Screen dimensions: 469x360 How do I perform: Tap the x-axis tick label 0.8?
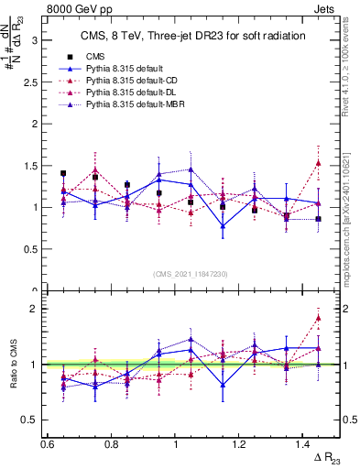coord(112,443)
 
